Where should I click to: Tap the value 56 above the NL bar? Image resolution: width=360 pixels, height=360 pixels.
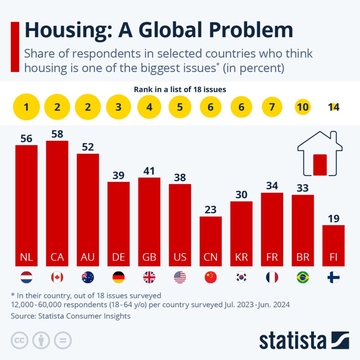[x=26, y=139]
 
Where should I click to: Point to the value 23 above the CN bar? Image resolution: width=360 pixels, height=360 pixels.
[x=211, y=210]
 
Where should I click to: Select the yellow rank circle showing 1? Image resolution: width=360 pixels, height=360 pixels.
[x=26, y=107]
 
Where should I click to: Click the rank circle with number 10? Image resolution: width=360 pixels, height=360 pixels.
[x=303, y=107]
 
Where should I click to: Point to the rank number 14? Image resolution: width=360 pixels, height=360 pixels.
[x=333, y=107]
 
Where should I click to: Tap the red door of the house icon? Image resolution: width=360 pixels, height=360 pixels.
[x=320, y=165]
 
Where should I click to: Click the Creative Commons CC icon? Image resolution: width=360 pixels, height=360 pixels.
[x=20, y=340]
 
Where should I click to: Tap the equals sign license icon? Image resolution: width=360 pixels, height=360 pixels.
[x=63, y=340]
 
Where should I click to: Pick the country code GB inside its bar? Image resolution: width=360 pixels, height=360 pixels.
[x=149, y=257]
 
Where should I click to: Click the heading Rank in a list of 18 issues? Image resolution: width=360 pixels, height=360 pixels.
[x=180, y=90]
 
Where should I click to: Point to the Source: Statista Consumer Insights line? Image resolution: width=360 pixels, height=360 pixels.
[x=71, y=316]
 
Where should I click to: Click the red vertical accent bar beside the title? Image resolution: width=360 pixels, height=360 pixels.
[x=15, y=47]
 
